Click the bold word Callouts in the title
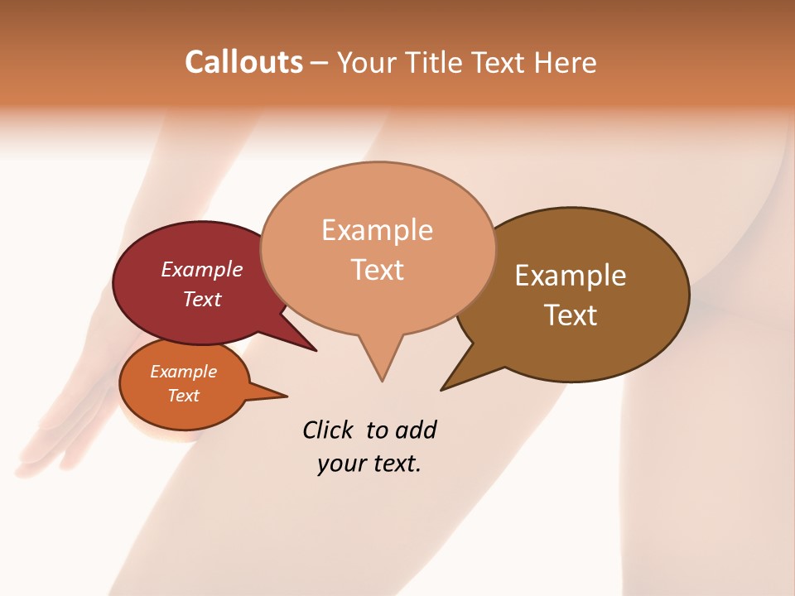tap(243, 62)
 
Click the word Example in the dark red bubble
tap(202, 269)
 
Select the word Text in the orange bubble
tap(184, 396)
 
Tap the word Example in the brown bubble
tap(571, 276)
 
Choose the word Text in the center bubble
tap(378, 269)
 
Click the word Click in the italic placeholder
tap(328, 430)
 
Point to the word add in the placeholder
tap(415, 430)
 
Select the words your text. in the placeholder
tap(369, 464)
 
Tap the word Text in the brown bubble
tap(571, 315)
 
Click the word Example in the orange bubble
tap(184, 372)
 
